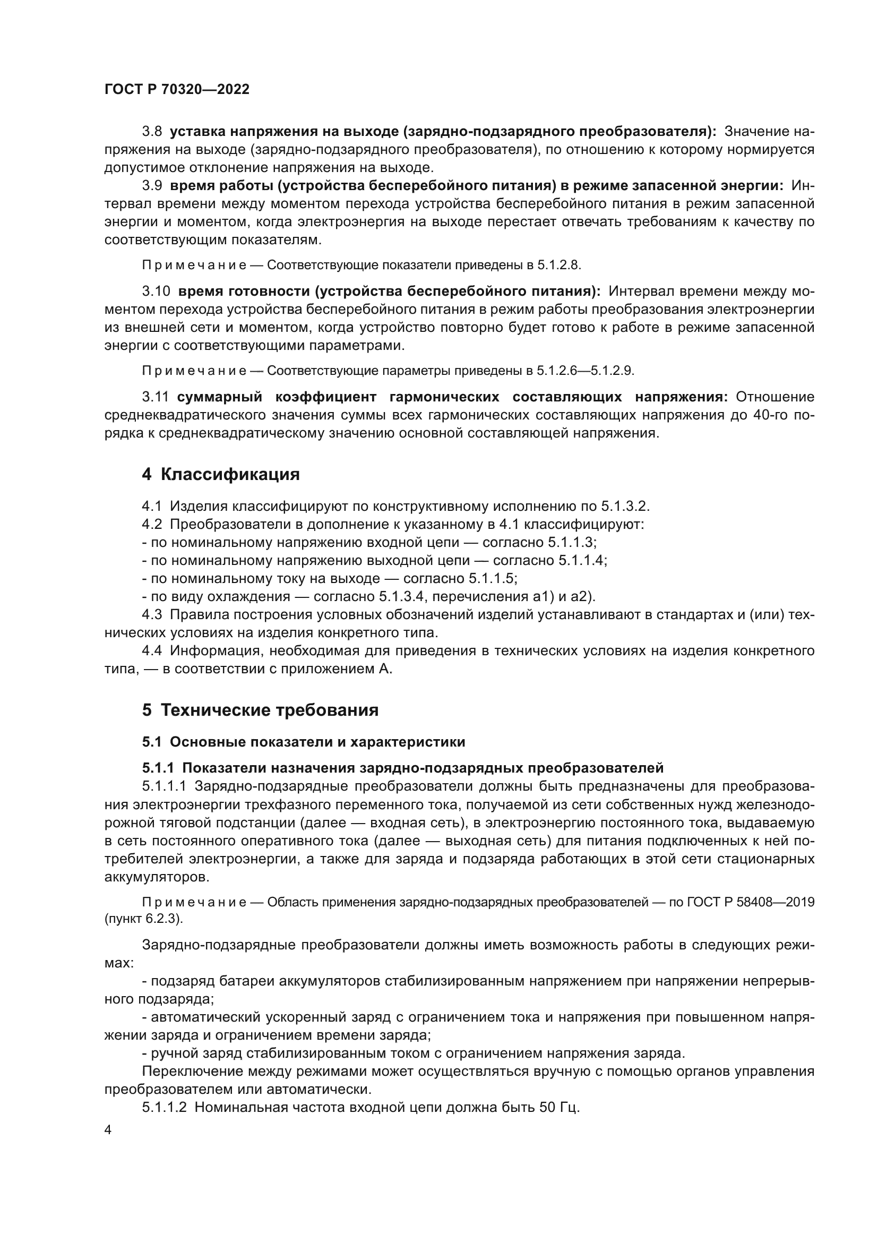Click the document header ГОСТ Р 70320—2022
pyautogui.click(x=177, y=90)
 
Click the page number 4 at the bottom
pyautogui.click(x=108, y=1130)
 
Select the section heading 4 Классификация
pyautogui.click(x=221, y=474)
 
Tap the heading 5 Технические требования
pyautogui.click(x=260, y=710)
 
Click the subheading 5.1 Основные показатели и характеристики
pyautogui.click(x=303, y=742)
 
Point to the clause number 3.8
pyautogui.click(x=152, y=132)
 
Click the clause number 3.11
pyautogui.click(x=155, y=397)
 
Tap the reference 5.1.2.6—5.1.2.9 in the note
pyautogui.click(x=584, y=371)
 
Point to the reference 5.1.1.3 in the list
pyautogui.click(x=571, y=543)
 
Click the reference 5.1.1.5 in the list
pyautogui.click(x=491, y=578)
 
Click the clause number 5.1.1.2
pyautogui.click(x=164, y=1107)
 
